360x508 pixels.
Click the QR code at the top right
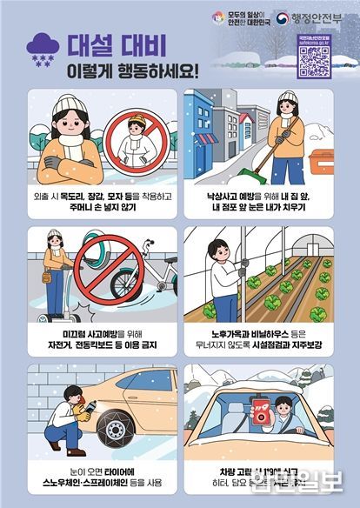click(313, 60)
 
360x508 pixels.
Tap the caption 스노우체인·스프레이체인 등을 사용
click(94, 479)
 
